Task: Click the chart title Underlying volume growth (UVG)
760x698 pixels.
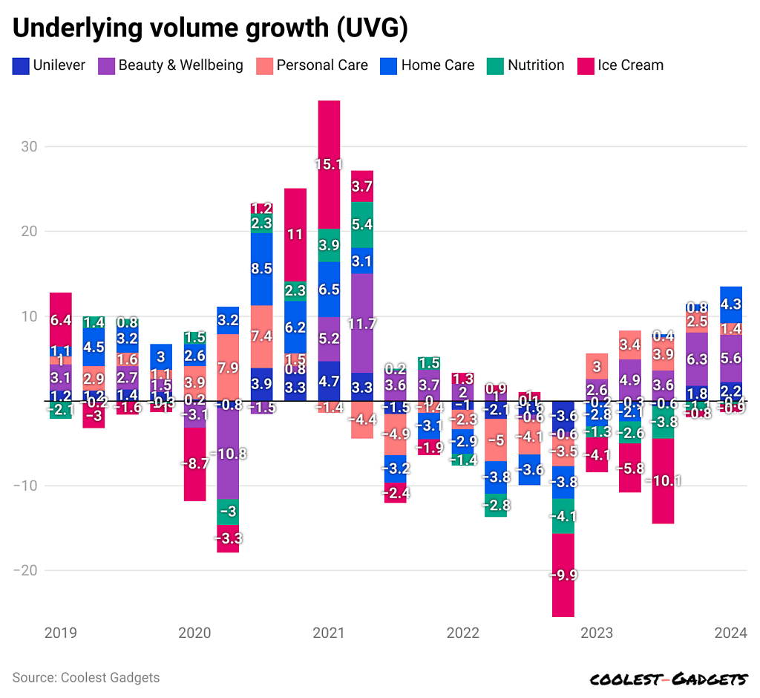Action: point(209,27)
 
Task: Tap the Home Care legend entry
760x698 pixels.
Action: point(428,65)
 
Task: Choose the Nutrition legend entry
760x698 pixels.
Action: point(525,65)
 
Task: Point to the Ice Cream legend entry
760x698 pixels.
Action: point(621,65)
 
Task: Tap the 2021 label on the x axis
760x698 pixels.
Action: point(328,633)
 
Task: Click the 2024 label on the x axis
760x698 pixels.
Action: point(730,633)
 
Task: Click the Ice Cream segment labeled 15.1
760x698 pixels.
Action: point(329,164)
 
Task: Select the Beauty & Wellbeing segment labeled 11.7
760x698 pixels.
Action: point(362,323)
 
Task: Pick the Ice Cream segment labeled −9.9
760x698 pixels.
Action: point(563,575)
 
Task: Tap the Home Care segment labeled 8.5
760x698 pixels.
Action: point(261,269)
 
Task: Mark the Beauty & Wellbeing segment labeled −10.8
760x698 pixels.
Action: point(228,453)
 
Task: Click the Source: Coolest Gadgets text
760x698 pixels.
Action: point(86,677)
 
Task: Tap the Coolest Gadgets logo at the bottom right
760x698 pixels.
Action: point(668,679)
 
